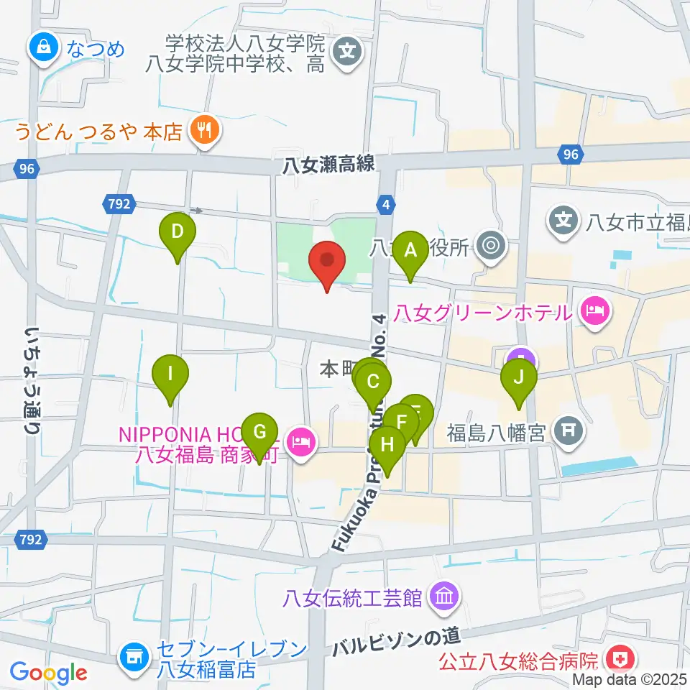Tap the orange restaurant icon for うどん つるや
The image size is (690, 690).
coord(204,130)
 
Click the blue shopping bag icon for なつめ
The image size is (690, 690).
coord(43,48)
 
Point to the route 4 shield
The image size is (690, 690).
coord(387,205)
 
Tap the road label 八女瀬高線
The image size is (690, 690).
coord(328,165)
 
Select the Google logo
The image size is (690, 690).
coord(49,673)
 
